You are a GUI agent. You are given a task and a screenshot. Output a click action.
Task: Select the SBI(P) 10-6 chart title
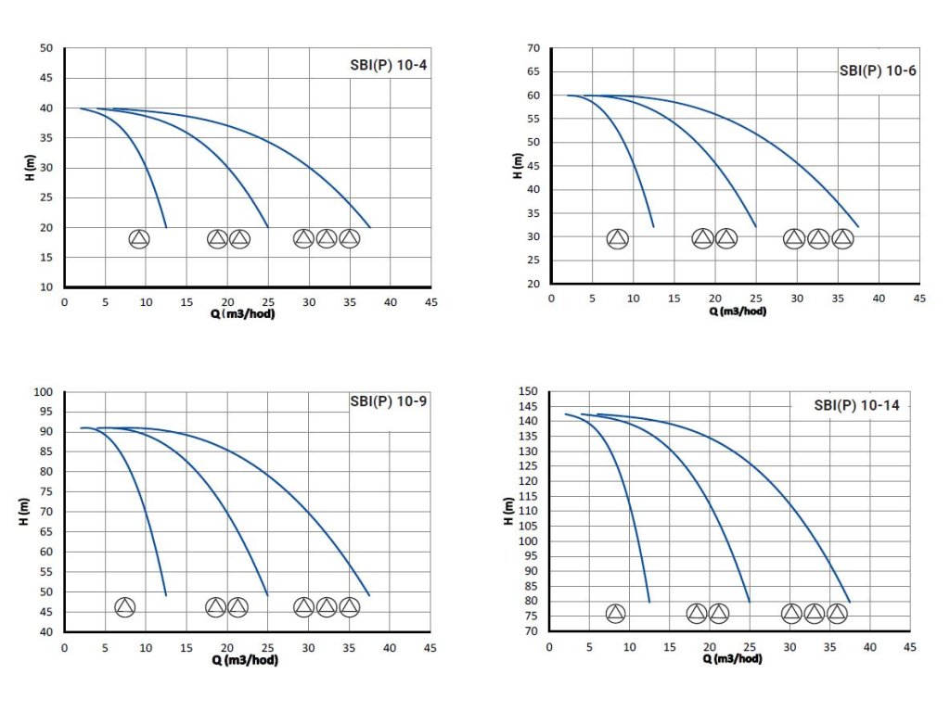tap(877, 70)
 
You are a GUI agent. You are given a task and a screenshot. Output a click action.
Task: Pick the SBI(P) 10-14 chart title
tap(856, 404)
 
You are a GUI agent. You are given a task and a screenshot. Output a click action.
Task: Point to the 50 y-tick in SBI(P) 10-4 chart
tap(46, 48)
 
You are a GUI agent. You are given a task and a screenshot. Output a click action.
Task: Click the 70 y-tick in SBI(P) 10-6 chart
tap(533, 47)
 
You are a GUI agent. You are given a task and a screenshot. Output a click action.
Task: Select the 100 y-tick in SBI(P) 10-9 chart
tap(43, 392)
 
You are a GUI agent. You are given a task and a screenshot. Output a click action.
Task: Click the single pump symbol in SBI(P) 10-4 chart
tap(139, 238)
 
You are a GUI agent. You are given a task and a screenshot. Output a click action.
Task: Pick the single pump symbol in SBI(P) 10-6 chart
tap(618, 238)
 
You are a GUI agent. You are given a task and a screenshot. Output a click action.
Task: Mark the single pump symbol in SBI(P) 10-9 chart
tap(125, 607)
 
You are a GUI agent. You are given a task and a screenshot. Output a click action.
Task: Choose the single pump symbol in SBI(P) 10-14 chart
tap(615, 613)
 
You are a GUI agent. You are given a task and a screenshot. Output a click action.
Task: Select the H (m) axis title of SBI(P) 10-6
tap(517, 166)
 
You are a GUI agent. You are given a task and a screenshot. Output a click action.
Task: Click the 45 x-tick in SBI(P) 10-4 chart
tap(430, 302)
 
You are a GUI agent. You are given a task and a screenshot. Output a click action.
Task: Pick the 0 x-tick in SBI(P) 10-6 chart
tap(551, 299)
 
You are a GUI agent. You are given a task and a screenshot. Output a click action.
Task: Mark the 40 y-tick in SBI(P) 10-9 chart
tap(46, 632)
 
